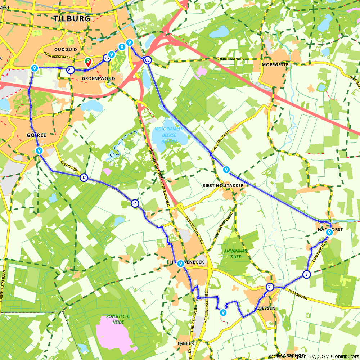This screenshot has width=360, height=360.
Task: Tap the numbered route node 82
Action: click(x=147, y=60)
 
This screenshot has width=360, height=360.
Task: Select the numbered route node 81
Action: click(x=71, y=70)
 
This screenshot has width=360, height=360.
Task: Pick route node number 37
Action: click(x=84, y=177)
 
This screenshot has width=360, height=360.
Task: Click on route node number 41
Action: click(x=135, y=203)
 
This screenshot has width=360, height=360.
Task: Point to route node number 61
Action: click(x=270, y=287)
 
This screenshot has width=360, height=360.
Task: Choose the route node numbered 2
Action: click(x=306, y=274)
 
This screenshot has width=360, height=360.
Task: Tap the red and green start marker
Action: click(x=87, y=62)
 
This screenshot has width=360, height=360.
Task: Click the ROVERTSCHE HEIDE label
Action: click(x=118, y=319)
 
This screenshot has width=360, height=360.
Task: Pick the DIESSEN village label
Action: click(x=266, y=309)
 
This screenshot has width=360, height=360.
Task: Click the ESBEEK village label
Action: click(x=186, y=343)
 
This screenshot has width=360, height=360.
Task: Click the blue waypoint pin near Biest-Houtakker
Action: click(x=226, y=169)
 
